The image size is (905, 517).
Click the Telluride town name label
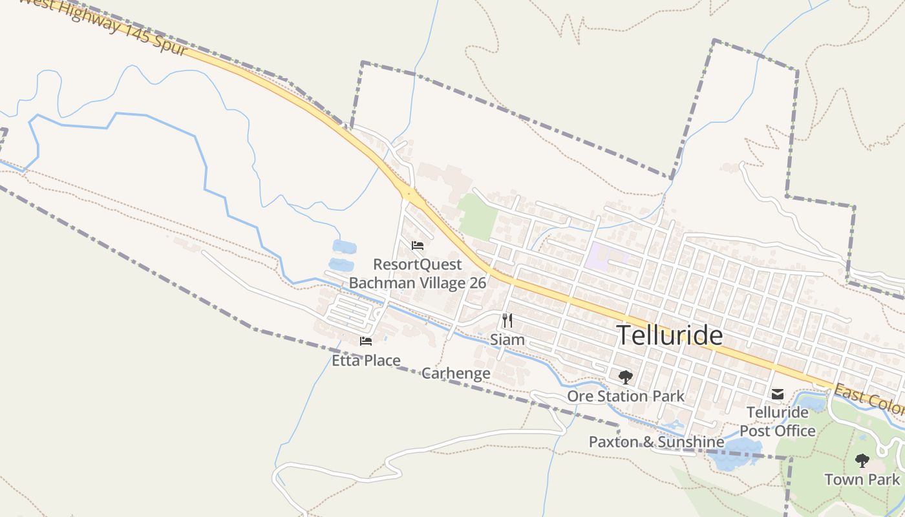pos(669,335)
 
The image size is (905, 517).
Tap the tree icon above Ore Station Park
pos(625,377)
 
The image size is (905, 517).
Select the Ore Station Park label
pos(625,396)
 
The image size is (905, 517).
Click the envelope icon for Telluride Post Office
pos(778,394)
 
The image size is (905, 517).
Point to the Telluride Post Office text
pos(778,421)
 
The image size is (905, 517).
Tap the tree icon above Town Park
pos(862,461)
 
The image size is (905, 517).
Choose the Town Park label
pos(862,480)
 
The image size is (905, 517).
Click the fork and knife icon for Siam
pos(507,321)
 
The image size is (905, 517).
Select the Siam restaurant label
pos(507,339)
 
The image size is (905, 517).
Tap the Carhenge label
pos(456,374)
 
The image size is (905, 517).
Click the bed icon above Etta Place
pos(366,341)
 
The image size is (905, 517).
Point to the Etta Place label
pos(366,361)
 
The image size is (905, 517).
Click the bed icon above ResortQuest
pos(417,246)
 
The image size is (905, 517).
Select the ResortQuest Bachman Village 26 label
pos(418,273)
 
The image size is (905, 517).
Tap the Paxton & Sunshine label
pos(656,442)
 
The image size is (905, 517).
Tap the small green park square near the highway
pos(477,216)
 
